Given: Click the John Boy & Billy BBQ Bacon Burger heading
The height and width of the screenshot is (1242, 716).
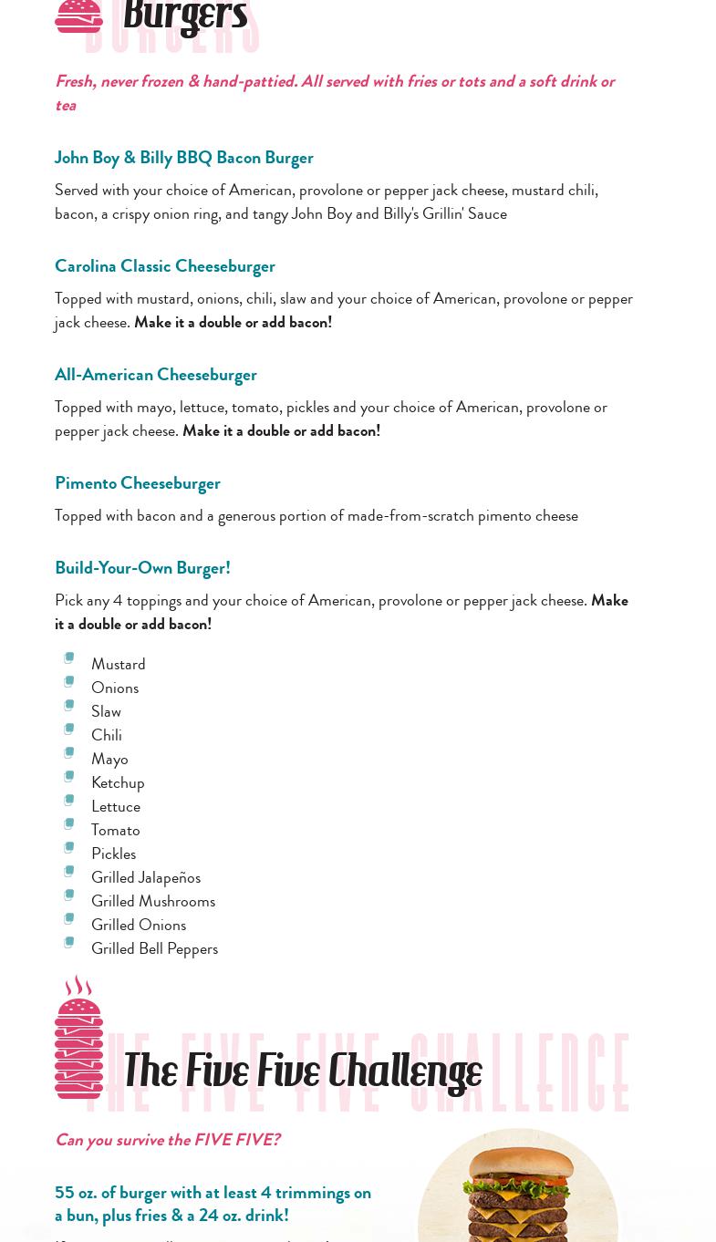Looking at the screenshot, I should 183,158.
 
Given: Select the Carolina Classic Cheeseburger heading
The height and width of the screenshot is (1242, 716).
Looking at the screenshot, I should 164,266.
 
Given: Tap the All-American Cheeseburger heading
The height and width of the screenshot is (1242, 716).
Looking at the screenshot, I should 155,375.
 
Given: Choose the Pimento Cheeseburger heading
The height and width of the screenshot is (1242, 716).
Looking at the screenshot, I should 137,483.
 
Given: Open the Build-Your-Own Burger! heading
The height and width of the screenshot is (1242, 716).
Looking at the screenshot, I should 142,568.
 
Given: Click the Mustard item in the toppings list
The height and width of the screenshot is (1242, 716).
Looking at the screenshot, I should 118,664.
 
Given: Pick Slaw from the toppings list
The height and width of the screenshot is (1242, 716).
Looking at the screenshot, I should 106,711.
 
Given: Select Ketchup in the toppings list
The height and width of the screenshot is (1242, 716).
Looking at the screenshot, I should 118,782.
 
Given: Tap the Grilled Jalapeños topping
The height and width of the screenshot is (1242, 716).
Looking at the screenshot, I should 145,877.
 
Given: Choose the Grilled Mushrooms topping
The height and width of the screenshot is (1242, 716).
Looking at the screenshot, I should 152,901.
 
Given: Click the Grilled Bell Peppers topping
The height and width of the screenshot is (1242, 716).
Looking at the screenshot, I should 154,948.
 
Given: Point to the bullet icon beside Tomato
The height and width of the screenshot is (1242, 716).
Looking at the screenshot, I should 68,824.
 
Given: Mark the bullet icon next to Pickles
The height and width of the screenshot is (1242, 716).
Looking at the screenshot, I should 68,848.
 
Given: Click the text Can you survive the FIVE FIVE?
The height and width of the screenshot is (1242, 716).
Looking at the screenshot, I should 167,1140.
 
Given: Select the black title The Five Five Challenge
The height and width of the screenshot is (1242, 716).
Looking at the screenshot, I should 302,1071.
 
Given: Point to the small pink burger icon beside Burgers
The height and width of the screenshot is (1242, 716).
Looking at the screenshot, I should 78,16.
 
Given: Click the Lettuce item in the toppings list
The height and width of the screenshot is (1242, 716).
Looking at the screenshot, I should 115,806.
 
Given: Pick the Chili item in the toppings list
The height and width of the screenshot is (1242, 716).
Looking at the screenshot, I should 106,735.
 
